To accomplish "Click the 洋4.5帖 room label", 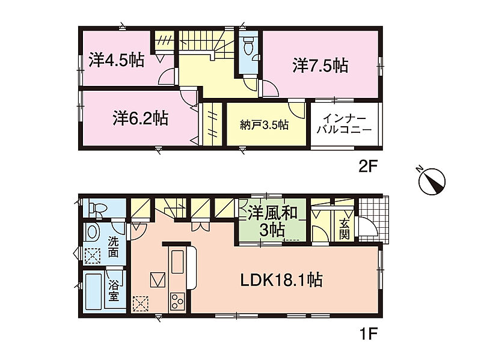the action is tap(117, 60).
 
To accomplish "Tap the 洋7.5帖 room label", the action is tap(320, 66).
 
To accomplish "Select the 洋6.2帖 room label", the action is tap(140, 118).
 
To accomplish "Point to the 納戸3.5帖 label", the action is tap(264, 125).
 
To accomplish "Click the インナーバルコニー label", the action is tap(344, 124).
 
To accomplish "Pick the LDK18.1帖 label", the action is tap(281, 280).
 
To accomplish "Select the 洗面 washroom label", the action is tap(113, 247).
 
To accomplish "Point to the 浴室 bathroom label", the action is tap(114, 291).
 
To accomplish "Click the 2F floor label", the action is tap(367, 167).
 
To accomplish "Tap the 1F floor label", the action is tap(367, 334).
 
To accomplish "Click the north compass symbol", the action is tap(432, 181).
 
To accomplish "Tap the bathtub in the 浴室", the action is tap(93, 291).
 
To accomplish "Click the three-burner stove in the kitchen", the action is tap(177, 302).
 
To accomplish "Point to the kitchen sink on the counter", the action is tap(177, 261).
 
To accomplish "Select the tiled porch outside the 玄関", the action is tap(373, 219).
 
